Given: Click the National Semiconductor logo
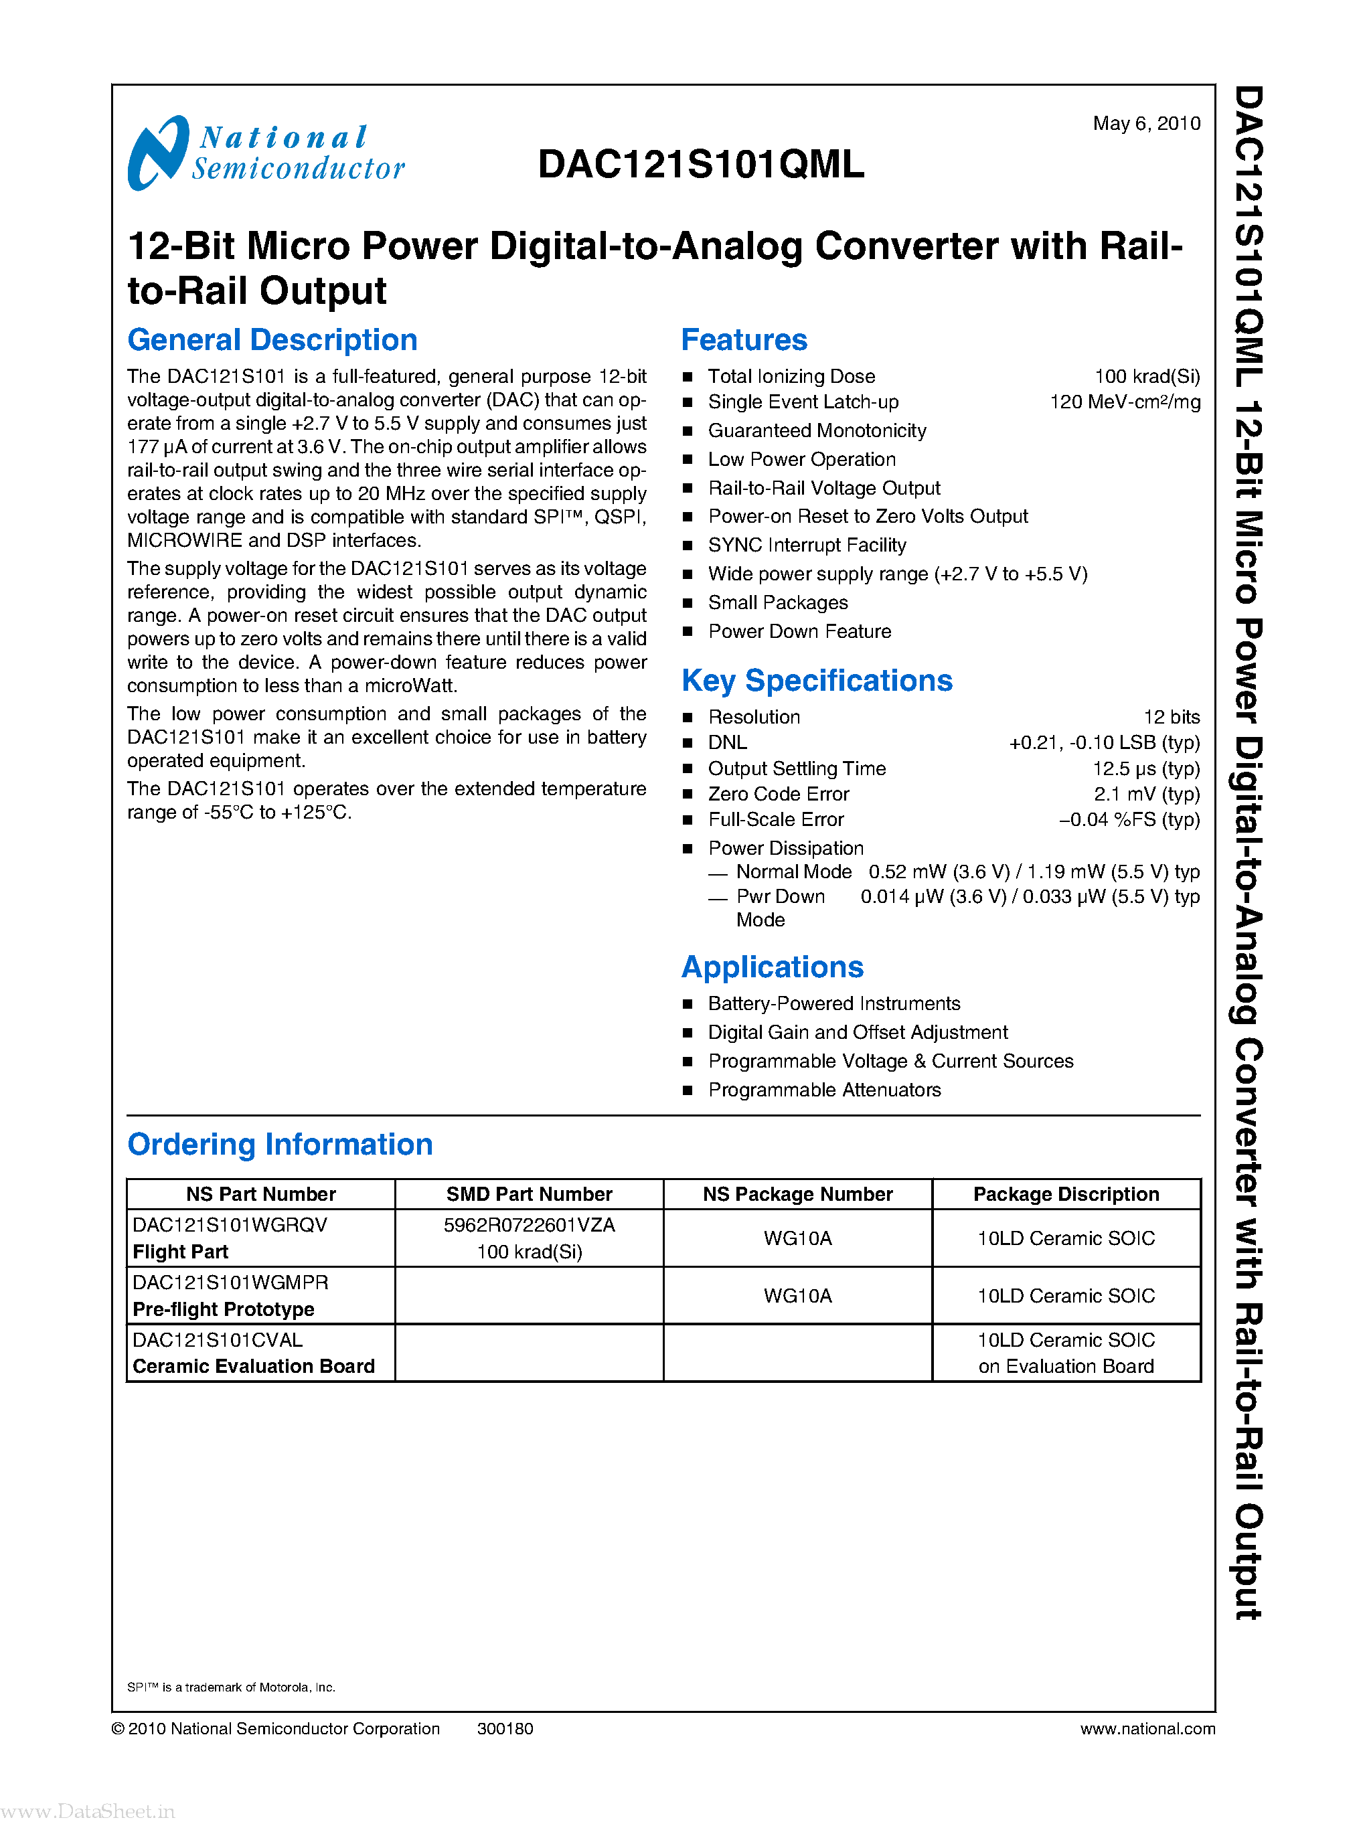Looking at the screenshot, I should pyautogui.click(x=265, y=153).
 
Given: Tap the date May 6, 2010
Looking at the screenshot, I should pyautogui.click(x=1146, y=124).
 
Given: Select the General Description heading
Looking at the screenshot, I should pyautogui.click(x=272, y=340).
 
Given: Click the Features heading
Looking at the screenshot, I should pyautogui.click(x=744, y=340).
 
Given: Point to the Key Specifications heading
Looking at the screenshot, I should pyautogui.click(x=817, y=681).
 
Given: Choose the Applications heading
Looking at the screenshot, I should pyautogui.click(x=772, y=967).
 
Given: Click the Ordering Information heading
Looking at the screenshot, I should pyautogui.click(x=280, y=1145).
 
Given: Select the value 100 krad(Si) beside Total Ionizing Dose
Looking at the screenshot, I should pyautogui.click(x=1147, y=376).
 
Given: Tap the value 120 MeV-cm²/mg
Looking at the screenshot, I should pyautogui.click(x=1125, y=402).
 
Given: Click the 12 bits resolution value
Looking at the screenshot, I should pyautogui.click(x=1172, y=717).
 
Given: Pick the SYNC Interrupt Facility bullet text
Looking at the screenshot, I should pyautogui.click(x=807, y=546).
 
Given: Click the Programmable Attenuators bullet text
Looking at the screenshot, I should pyautogui.click(x=824, y=1090).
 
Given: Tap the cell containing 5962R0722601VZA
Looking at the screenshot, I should pyautogui.click(x=529, y=1225).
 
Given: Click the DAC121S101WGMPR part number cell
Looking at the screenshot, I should pyautogui.click(x=231, y=1282).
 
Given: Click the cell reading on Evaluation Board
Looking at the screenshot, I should pyautogui.click(x=1066, y=1366).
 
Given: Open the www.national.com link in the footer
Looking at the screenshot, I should pyautogui.click(x=1147, y=1728).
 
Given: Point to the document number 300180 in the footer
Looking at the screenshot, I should pyautogui.click(x=505, y=1728).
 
